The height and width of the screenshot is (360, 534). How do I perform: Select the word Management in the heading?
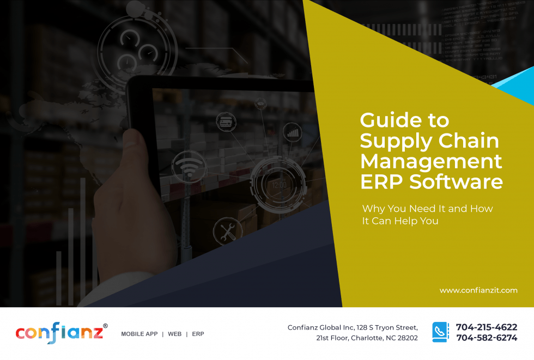[x=431, y=161]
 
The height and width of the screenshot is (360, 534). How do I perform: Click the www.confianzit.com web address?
[x=478, y=290]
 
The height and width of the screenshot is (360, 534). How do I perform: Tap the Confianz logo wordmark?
[x=59, y=333]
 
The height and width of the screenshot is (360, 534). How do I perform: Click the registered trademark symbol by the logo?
[x=105, y=326]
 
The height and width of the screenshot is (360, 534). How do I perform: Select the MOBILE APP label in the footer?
[x=139, y=334]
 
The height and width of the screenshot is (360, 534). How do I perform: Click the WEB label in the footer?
[x=174, y=334]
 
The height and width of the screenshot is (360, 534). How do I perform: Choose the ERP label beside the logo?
[x=198, y=334]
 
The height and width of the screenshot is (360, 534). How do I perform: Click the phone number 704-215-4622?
[x=486, y=327]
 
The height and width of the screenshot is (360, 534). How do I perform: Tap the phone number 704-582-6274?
[x=486, y=338]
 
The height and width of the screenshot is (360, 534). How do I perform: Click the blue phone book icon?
[x=441, y=332]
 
